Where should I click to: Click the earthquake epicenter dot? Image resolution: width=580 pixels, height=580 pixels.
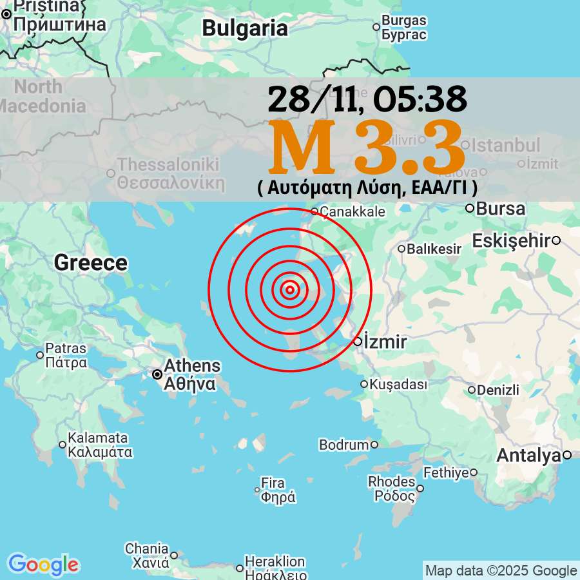290,290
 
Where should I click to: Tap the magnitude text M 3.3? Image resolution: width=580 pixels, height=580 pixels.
366,148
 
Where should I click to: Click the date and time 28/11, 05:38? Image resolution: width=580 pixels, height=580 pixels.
367,99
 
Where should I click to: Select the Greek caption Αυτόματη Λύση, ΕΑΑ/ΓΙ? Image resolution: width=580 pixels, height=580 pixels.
367,188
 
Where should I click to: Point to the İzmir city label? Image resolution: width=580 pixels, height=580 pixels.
385,342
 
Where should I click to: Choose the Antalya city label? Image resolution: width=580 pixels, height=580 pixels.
528,456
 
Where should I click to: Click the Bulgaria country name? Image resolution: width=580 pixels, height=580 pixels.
245,28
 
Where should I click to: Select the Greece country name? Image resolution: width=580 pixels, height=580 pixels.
91,263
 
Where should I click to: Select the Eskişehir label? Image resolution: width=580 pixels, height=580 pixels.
512,241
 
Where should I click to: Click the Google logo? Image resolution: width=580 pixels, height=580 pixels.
43,565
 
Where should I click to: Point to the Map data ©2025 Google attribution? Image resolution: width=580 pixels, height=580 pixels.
501,570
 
